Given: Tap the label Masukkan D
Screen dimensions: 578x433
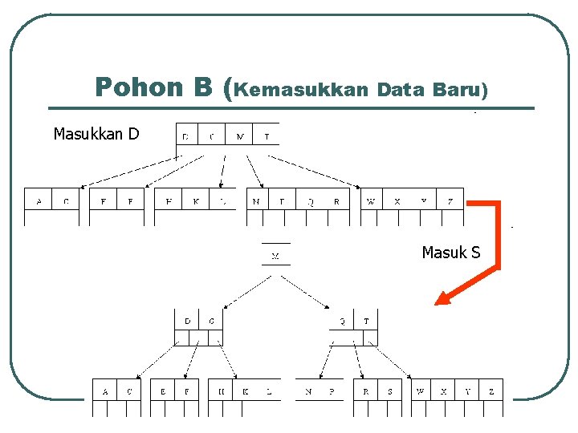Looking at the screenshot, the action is point(96,133).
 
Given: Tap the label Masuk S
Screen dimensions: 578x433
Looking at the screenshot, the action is point(450,253).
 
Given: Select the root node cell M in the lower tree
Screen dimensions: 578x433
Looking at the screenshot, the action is point(275,257).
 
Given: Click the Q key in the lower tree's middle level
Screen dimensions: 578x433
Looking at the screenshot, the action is point(342,321).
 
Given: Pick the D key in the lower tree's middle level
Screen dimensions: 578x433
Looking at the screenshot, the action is point(187,321).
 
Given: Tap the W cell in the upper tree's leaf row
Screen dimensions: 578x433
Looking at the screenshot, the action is point(371,201).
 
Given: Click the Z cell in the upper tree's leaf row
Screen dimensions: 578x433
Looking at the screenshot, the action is point(450,201).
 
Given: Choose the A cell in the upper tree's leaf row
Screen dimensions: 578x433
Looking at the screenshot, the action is point(39,201).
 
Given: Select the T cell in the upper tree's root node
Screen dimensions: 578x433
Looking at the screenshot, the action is point(267,136).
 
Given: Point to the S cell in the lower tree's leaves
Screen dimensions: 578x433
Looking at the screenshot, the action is point(390,392).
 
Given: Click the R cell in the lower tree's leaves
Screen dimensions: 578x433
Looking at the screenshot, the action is point(366,392).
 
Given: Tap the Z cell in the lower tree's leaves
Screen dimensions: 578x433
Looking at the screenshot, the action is point(490,392).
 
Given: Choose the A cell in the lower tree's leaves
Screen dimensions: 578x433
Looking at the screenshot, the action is point(105,392).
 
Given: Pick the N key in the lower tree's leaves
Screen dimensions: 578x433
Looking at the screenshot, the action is point(308,392).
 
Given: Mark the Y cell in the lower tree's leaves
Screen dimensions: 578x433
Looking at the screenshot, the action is point(467,392).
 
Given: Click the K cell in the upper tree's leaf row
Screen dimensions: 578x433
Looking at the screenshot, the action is point(196,201).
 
